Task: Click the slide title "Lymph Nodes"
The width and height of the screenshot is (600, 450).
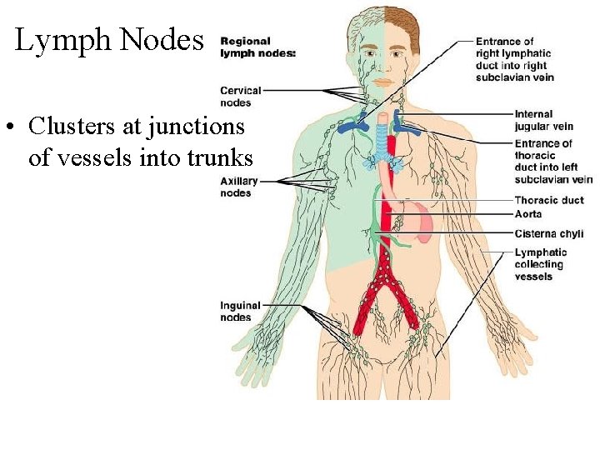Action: (109, 40)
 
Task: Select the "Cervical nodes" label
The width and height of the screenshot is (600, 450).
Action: (240, 97)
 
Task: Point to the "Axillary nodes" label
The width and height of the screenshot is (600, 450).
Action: (238, 187)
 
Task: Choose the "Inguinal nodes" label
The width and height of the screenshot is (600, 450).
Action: (240, 311)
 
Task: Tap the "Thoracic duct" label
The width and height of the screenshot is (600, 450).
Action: (549, 200)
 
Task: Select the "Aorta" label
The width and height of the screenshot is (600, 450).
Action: (528, 214)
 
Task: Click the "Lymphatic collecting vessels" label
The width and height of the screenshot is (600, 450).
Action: (540, 264)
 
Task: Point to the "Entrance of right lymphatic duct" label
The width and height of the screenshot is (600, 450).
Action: (515, 59)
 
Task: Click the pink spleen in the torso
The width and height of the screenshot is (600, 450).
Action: (424, 224)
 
